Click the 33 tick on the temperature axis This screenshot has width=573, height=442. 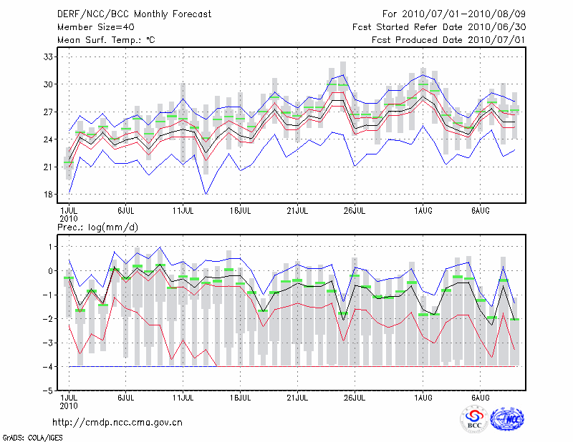pos(49,57)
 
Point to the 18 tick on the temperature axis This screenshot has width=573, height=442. pos(49,195)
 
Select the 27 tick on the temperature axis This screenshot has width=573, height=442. pos(49,112)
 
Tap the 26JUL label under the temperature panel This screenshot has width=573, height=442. pos(355,211)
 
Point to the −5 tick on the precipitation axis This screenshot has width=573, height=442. pos(48,391)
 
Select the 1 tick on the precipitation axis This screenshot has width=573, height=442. pos(50,247)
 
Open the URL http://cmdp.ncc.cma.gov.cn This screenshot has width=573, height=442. pos(117,422)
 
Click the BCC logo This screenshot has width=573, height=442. pos(474,419)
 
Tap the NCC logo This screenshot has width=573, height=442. pos(507,419)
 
